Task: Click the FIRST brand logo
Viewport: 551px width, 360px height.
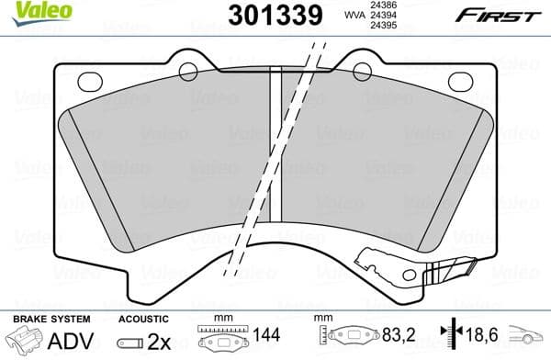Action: click(509, 15)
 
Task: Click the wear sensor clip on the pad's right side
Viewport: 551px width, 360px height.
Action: click(450, 269)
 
